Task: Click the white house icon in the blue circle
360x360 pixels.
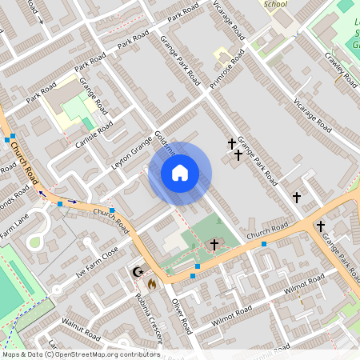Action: click(x=180, y=173)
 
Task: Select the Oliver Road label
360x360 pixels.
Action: click(x=182, y=315)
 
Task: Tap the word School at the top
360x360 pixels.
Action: click(x=274, y=4)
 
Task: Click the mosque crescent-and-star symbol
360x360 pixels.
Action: click(x=138, y=272)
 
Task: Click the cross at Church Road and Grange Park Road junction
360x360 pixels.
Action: click(x=320, y=226)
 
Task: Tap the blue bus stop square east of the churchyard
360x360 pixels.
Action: click(x=263, y=243)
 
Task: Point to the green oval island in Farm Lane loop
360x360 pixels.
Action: click(x=38, y=242)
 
